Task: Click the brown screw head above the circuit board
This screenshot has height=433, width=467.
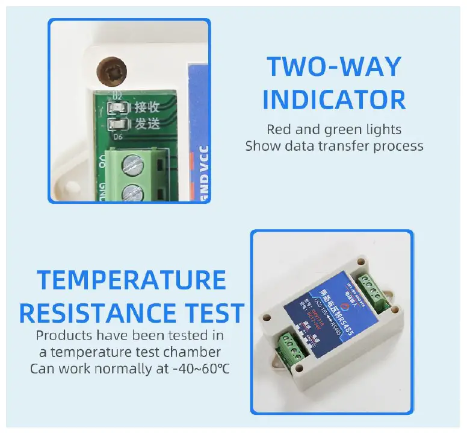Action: (x=114, y=72)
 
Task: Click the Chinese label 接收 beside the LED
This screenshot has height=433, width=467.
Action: (x=147, y=109)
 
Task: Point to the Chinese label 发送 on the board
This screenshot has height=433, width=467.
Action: (x=147, y=125)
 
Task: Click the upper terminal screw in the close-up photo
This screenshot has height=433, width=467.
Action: (x=133, y=164)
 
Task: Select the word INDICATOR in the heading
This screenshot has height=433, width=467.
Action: (x=334, y=100)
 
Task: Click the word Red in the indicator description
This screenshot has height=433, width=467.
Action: (x=279, y=129)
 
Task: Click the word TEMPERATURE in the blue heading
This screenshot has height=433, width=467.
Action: (x=131, y=280)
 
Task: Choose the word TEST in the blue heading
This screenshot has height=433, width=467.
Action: (x=212, y=314)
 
